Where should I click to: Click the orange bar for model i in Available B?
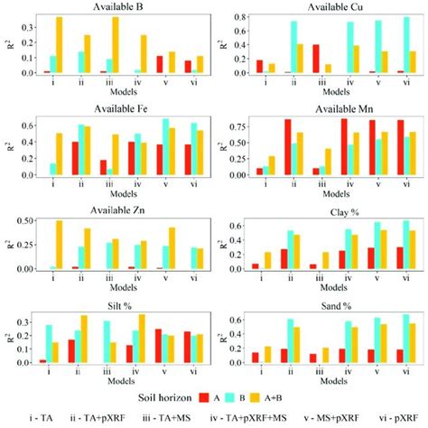[x=60, y=44]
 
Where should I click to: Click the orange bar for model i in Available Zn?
[x=60, y=245]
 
